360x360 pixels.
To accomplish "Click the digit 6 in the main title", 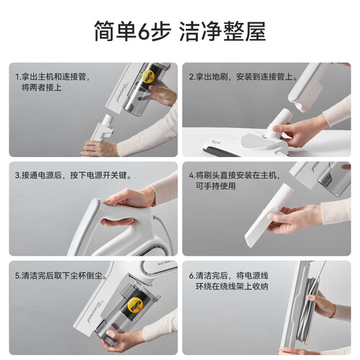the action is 145,32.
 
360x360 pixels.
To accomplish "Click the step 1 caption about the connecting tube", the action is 53,82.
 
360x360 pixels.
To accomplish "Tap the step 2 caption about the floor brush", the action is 243,77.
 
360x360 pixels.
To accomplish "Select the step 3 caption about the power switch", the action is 73,176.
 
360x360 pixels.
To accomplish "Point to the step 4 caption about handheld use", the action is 234,181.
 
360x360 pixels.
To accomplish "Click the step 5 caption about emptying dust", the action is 61,276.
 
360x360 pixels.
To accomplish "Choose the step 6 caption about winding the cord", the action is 228,281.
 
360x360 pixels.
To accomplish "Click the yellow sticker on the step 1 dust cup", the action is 148,76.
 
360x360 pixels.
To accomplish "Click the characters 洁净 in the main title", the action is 201,32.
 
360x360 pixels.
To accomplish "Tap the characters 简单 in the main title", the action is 115,32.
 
